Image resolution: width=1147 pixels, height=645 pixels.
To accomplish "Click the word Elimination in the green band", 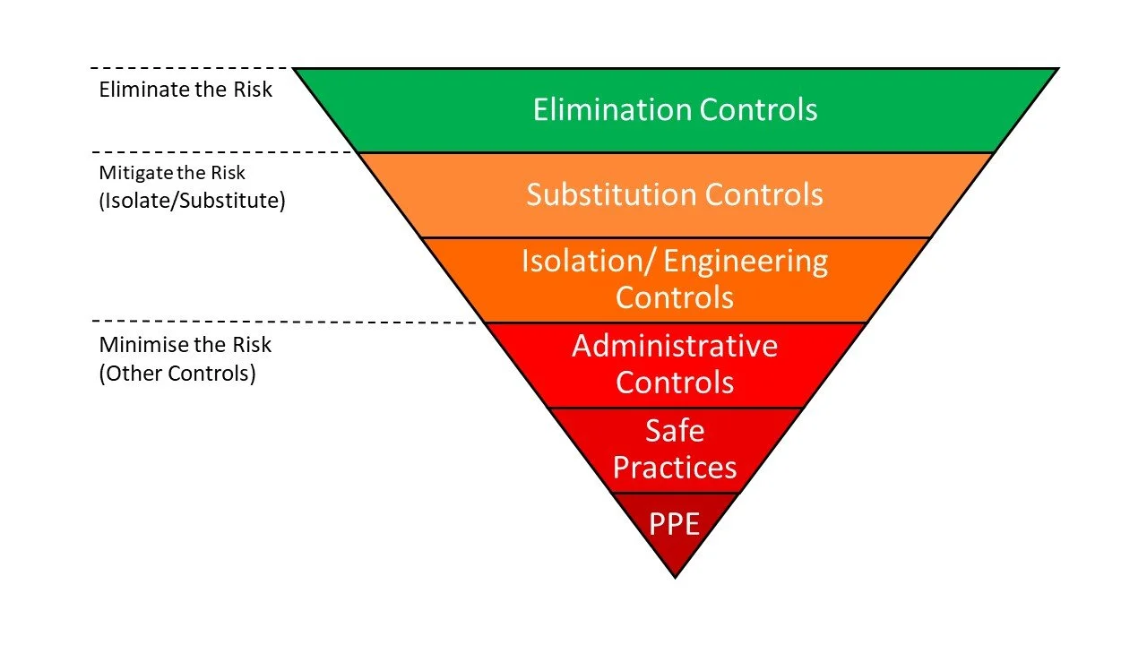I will [612, 109].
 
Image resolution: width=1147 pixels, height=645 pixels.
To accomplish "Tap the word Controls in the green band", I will [758, 109].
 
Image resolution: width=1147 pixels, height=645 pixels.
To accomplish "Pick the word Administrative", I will [675, 346].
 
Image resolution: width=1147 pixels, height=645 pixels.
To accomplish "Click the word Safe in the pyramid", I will [675, 431].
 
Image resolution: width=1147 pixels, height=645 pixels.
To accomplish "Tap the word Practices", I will [675, 468].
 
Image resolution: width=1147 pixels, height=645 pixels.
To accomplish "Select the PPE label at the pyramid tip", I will [674, 523].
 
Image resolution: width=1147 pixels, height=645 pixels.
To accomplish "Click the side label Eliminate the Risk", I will [185, 90].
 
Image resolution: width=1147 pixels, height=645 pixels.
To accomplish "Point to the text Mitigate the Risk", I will [172, 173].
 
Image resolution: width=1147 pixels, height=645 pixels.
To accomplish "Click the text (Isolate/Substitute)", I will [192, 201].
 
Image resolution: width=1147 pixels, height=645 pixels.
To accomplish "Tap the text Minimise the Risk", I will [185, 345].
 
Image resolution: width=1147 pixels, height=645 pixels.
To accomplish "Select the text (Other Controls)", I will [177, 374].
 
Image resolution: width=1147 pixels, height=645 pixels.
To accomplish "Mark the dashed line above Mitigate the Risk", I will [224, 152].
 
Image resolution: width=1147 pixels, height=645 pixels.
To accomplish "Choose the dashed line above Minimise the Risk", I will [287, 321].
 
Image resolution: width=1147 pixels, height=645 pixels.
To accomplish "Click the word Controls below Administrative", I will [675, 383].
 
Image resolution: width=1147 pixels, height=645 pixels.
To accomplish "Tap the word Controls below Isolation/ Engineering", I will [675, 297].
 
